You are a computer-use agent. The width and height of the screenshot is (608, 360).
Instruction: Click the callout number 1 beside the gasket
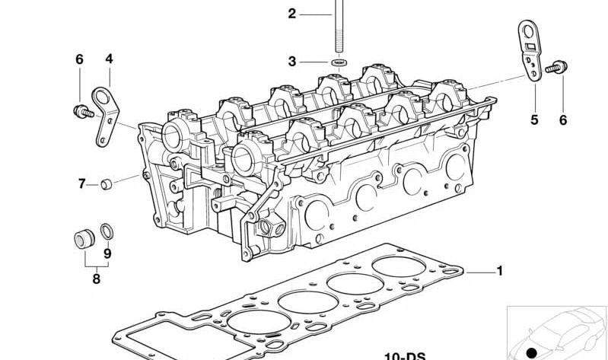click(500, 271)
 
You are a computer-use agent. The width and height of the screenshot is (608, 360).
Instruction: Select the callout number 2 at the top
click(291, 13)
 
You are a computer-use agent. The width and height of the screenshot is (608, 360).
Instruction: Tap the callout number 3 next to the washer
click(291, 61)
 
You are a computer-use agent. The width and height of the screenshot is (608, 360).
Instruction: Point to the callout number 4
click(109, 59)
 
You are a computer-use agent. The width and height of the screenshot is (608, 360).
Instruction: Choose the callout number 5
click(534, 119)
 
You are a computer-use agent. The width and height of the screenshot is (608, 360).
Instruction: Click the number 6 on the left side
click(78, 59)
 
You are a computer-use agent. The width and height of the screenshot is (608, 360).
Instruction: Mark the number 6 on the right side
click(563, 119)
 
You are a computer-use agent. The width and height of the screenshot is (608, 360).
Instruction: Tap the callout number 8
click(96, 279)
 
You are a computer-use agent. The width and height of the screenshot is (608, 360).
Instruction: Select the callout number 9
click(107, 253)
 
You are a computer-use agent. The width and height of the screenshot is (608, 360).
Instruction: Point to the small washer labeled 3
click(338, 61)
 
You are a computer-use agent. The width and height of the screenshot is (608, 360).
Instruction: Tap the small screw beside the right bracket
click(554, 68)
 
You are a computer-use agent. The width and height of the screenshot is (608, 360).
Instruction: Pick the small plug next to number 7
click(110, 183)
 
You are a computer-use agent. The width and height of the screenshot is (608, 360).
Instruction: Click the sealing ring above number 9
click(108, 229)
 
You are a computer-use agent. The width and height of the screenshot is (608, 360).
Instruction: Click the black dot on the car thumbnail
click(532, 352)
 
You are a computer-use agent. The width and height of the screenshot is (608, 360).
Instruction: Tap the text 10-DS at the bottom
click(404, 355)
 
